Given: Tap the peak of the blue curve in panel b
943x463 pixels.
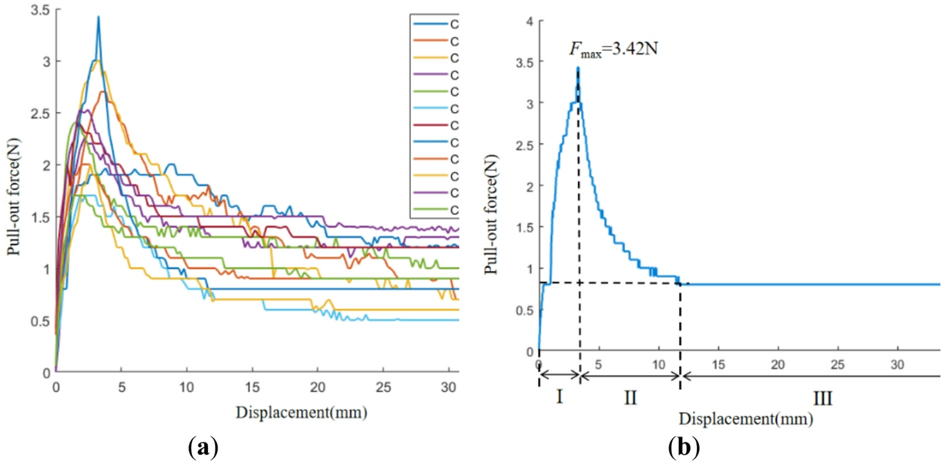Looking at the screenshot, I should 578,67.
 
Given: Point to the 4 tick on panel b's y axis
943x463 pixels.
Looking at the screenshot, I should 529,21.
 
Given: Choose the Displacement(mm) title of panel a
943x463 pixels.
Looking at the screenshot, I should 306,412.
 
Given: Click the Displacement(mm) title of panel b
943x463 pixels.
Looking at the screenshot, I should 745,418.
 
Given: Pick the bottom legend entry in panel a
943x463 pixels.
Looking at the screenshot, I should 433,210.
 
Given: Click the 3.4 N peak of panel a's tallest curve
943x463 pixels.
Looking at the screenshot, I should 98,17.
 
